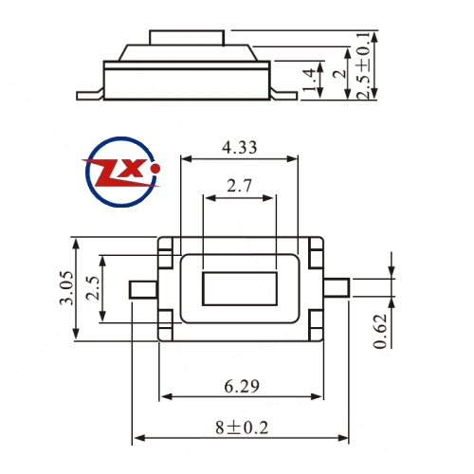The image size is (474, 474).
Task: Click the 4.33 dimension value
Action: (x=239, y=148)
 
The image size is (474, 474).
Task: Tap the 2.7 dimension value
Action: (x=239, y=186)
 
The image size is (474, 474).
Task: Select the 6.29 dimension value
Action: (x=242, y=386)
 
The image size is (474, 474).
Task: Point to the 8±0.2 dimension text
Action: (x=242, y=428)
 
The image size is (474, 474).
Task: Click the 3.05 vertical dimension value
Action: (x=66, y=287)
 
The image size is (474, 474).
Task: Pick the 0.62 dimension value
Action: (x=380, y=331)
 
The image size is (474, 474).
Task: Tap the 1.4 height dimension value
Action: (x=310, y=80)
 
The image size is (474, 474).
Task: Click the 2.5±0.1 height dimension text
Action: (x=364, y=65)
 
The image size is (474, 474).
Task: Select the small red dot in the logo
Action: (x=155, y=169)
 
